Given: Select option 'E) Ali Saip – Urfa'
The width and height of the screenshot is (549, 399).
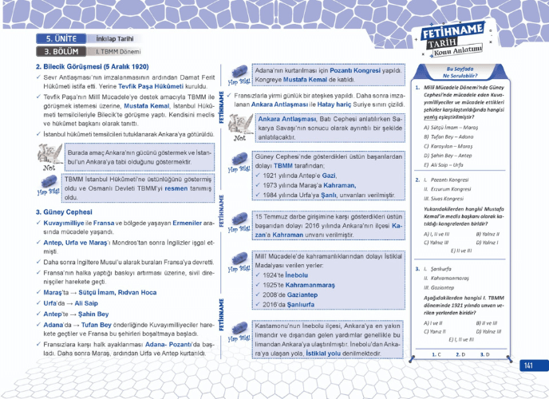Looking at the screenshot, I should click(444, 167).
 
